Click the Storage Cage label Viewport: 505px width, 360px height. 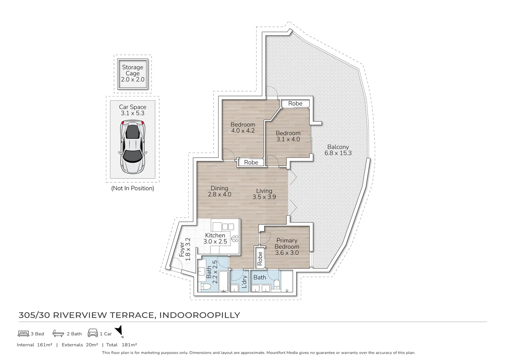pyautogui.click(x=132, y=73)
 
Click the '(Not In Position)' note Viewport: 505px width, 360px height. pyautogui.click(x=133, y=188)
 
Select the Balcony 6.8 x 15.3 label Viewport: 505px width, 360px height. pyautogui.click(x=338, y=150)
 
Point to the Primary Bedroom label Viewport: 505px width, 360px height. pyautogui.click(x=287, y=246)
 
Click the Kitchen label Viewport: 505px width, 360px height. pyautogui.click(x=215, y=238)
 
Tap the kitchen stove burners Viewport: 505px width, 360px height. pyautogui.click(x=235, y=238)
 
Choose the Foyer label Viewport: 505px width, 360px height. pyautogui.click(x=185, y=249)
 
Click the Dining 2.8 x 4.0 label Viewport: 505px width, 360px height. pyautogui.click(x=219, y=191)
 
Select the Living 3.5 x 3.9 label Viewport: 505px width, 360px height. pyautogui.click(x=264, y=194)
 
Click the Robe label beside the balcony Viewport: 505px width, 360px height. pyautogui.click(x=295, y=104)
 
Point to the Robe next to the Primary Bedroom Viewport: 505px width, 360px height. pyautogui.click(x=260, y=258)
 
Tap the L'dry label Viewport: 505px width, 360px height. pyautogui.click(x=244, y=282)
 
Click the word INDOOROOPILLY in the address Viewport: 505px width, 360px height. pyautogui.click(x=200, y=315)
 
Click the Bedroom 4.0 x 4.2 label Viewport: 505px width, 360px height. pyautogui.click(x=243, y=128)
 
